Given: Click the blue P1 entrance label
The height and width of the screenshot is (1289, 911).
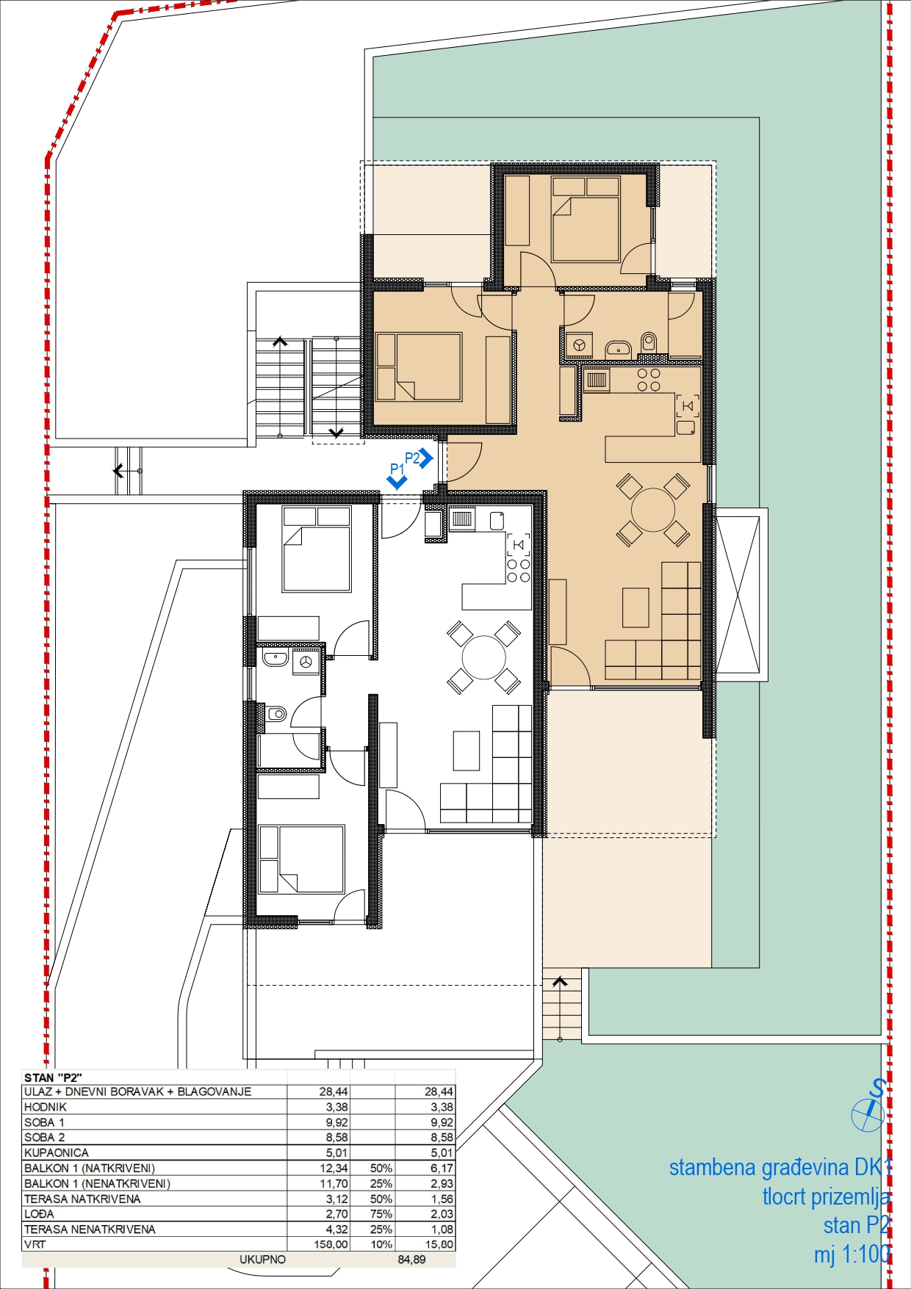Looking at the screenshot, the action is coord(397,469).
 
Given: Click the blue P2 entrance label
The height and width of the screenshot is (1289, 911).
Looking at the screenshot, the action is coord(412,458).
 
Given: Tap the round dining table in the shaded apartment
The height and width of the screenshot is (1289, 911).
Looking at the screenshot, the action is coord(653,510).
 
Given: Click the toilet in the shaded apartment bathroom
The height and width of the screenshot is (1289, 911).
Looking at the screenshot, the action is coord(649,342).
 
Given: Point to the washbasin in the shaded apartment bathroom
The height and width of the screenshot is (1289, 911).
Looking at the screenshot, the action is coord(618,347).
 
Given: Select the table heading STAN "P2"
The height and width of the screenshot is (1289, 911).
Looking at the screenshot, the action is coord(53,1078).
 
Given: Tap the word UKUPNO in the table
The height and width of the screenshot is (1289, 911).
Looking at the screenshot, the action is coord(262,1260).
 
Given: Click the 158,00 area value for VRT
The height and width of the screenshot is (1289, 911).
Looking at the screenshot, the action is coord(331,1245).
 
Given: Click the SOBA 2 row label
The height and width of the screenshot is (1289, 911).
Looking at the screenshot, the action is coord(44,1138).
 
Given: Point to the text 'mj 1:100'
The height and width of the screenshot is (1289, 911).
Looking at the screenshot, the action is coord(852,1254).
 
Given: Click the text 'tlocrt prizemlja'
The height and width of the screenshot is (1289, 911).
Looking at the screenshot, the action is coord(827,1197).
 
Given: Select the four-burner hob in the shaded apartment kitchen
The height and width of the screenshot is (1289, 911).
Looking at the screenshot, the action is coord(649,380).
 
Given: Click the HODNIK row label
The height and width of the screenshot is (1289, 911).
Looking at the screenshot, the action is coord(46,1108).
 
